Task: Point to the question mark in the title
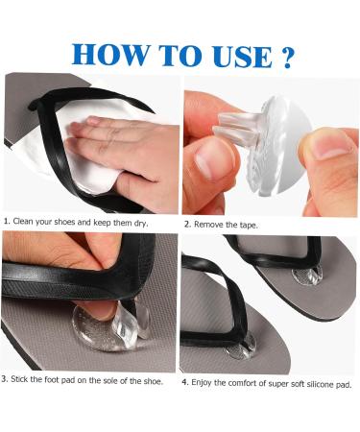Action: [x=285, y=56]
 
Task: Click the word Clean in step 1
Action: [x=25, y=223]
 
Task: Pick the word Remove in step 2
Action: [x=212, y=224]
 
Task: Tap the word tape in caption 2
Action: [x=248, y=224]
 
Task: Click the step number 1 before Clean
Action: [x=5, y=223]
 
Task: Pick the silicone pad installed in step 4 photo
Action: [x=240, y=348]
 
